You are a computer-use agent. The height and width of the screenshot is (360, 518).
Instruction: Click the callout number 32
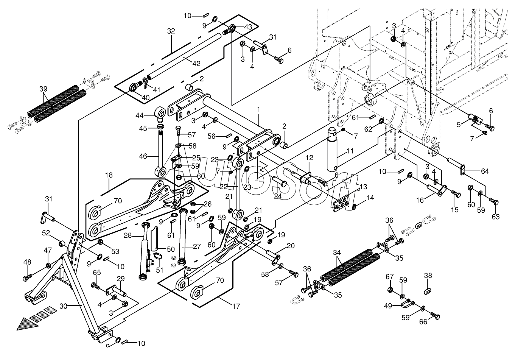point(171,31)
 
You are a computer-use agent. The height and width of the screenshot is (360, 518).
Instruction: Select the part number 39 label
point(44,89)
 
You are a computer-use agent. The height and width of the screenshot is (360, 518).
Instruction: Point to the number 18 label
point(109,175)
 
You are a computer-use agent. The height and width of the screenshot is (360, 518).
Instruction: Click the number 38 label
point(428,276)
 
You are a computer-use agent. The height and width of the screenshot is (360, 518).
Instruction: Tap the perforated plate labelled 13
point(342,203)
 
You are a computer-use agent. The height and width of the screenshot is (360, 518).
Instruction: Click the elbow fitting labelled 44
point(160,112)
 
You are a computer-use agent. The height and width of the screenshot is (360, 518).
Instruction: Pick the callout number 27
point(196,246)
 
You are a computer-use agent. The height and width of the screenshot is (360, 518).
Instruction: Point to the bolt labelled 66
point(435,315)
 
